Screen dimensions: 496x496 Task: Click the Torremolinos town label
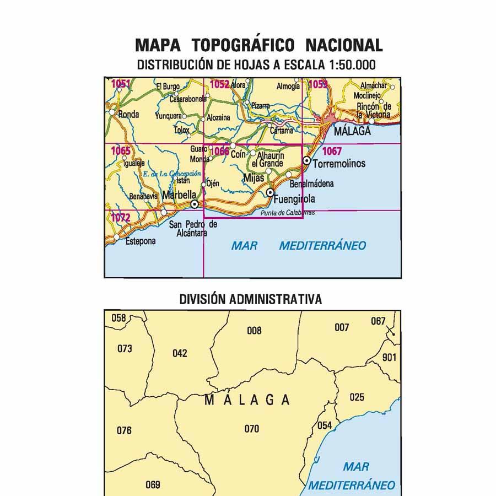(338, 164)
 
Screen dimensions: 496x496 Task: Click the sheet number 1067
(332, 151)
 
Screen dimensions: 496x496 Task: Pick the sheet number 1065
(121, 150)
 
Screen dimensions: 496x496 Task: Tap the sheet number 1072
(121, 218)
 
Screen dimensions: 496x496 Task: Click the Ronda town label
(128, 115)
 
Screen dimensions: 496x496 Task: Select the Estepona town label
(141, 241)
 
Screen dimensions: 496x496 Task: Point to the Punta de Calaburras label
(288, 213)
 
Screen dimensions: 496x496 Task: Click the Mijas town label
(254, 179)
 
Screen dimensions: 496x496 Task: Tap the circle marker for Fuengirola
(270, 192)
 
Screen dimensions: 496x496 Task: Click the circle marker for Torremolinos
(306, 160)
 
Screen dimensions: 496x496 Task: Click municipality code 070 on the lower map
(251, 428)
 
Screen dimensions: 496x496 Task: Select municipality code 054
(325, 425)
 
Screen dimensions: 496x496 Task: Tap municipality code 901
(389, 357)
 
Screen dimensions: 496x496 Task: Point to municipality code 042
(180, 353)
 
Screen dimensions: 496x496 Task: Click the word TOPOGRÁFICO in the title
(244, 45)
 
